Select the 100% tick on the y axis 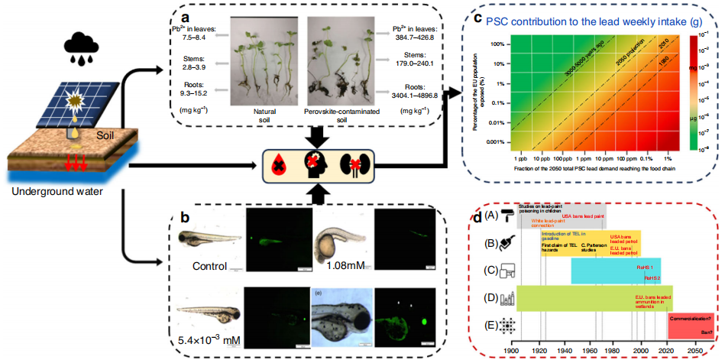[504, 44]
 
